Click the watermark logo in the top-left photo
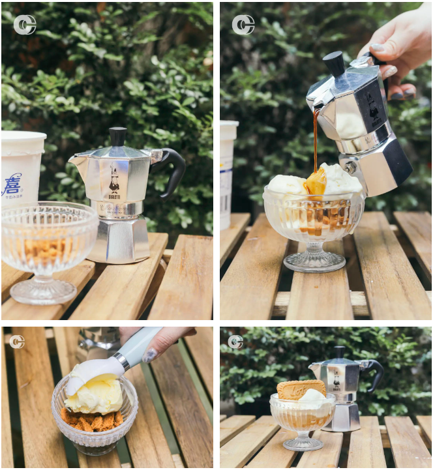point(25,25)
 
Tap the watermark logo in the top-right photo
point(243,25)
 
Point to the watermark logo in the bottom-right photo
point(235,342)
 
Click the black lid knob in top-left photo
point(118,136)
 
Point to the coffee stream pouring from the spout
point(316,140)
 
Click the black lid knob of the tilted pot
point(335,63)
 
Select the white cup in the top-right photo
point(228,173)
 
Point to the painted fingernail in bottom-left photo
point(151,355)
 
